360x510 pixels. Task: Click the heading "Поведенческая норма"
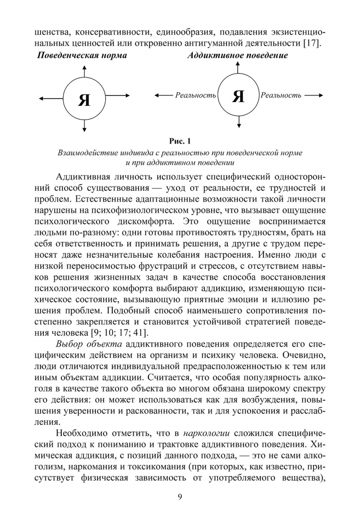(x=82, y=56)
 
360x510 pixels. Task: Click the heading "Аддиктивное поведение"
(x=237, y=56)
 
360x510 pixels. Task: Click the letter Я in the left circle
(x=84, y=100)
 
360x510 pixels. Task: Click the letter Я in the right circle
(x=239, y=96)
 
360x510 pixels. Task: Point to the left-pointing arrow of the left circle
(x=50, y=98)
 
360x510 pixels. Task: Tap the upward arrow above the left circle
(x=84, y=71)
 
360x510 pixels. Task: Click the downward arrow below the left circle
(x=84, y=126)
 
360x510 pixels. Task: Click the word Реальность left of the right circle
(x=195, y=95)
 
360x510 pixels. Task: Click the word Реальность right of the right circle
(x=281, y=95)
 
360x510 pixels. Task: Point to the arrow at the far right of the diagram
(x=314, y=95)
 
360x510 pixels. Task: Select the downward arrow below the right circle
(x=239, y=122)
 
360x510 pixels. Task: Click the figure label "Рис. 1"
(x=180, y=141)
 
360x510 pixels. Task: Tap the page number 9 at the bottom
(x=180, y=496)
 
